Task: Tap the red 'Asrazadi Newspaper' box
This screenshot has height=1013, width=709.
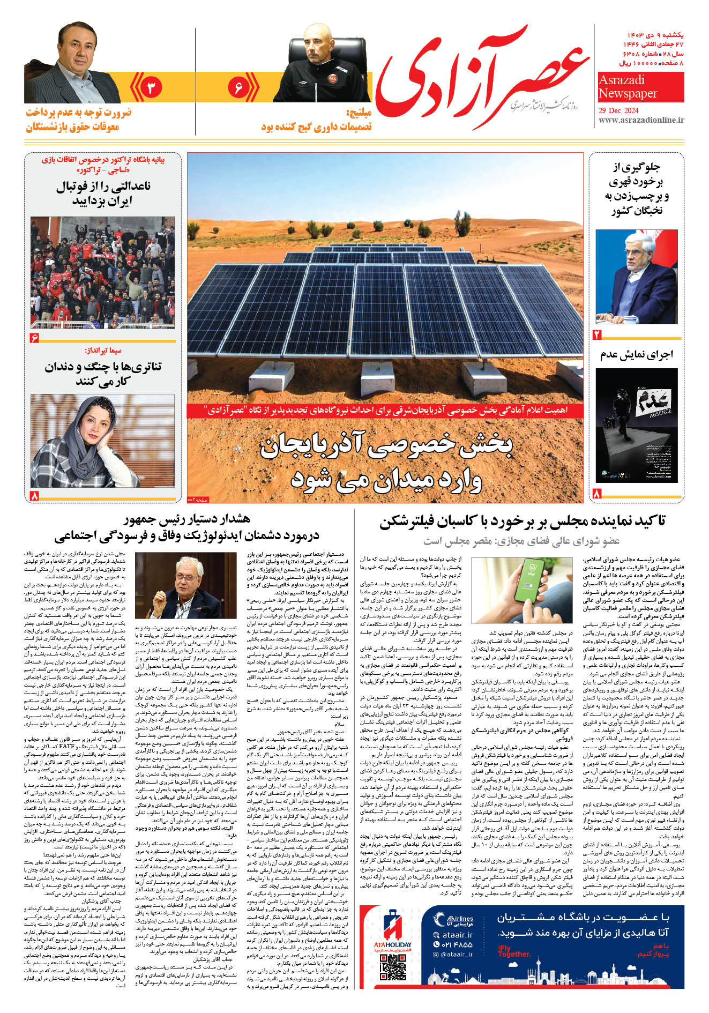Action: pyautogui.click(x=640, y=87)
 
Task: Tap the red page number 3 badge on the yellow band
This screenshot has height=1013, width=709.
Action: pyautogui.click(x=151, y=87)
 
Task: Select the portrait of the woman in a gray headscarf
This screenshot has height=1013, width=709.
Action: pyautogui.click(x=102, y=441)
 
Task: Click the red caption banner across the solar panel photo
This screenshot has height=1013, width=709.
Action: pyautogui.click(x=385, y=411)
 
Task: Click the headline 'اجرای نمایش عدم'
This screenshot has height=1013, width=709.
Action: pyautogui.click(x=636, y=354)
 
